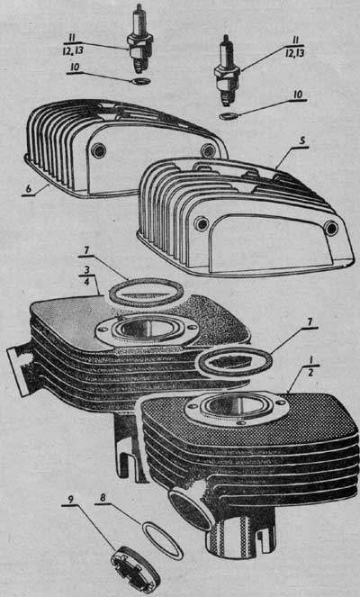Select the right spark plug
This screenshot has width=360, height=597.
click(227, 71)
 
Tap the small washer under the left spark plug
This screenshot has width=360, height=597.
click(143, 81)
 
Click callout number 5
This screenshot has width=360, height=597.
click(301, 140)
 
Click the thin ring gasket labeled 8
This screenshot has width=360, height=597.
click(162, 540)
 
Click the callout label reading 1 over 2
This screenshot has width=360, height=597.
click(310, 366)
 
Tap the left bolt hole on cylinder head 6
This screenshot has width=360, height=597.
click(99, 150)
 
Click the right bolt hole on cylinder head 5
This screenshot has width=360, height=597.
click(331, 228)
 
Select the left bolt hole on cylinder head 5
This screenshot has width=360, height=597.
click(201, 223)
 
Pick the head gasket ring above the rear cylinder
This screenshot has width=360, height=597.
click(146, 293)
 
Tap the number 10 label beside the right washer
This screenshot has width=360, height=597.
click(300, 95)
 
